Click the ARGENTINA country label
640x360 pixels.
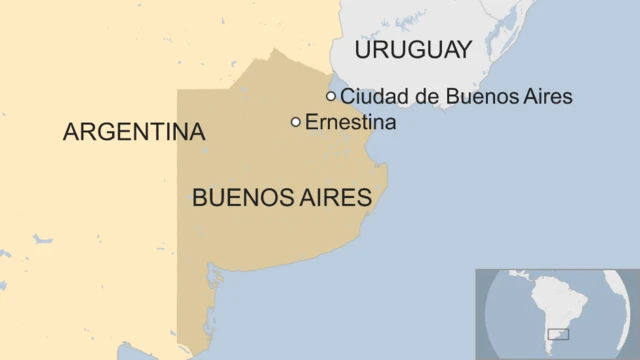click(x=134, y=132)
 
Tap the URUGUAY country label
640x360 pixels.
click(x=412, y=50)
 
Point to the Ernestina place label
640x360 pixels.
click(x=350, y=122)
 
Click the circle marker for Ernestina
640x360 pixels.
click(x=296, y=122)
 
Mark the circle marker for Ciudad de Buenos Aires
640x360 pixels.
click(x=331, y=96)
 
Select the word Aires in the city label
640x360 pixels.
click(x=546, y=97)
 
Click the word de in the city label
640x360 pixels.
click(x=417, y=97)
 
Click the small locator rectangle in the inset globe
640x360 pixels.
click(x=559, y=335)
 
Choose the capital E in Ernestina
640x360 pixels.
click(x=311, y=122)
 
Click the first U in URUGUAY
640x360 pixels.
click(x=363, y=50)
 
